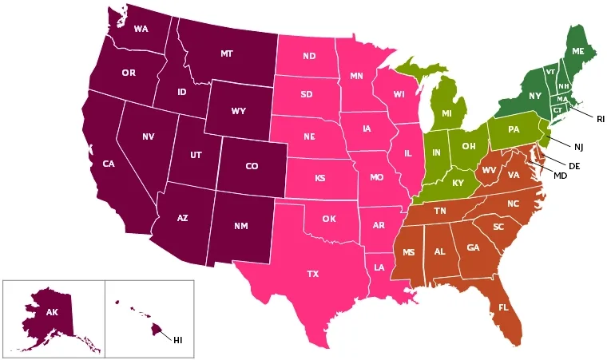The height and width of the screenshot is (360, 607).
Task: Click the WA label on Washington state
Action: [141, 30]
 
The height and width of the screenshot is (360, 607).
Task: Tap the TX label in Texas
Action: [313, 274]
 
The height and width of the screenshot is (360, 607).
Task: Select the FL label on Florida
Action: [503, 307]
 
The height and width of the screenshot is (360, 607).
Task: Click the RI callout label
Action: [600, 118]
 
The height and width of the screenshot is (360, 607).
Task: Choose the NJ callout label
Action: [578, 146]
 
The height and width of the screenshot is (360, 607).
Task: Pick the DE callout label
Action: [573, 165]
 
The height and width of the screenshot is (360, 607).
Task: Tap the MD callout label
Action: [560, 175]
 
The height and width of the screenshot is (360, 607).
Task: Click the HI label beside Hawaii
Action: [178, 341]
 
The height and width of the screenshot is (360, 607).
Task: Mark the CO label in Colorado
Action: [252, 166]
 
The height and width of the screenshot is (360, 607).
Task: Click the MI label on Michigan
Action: [447, 115]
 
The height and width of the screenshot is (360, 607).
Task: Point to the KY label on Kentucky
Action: [458, 183]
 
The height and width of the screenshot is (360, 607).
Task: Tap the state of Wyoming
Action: [237, 111]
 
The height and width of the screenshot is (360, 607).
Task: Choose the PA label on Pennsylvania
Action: [514, 129]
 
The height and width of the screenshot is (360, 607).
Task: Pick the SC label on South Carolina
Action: [498, 227]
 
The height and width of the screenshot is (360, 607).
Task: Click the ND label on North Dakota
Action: [309, 56]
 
